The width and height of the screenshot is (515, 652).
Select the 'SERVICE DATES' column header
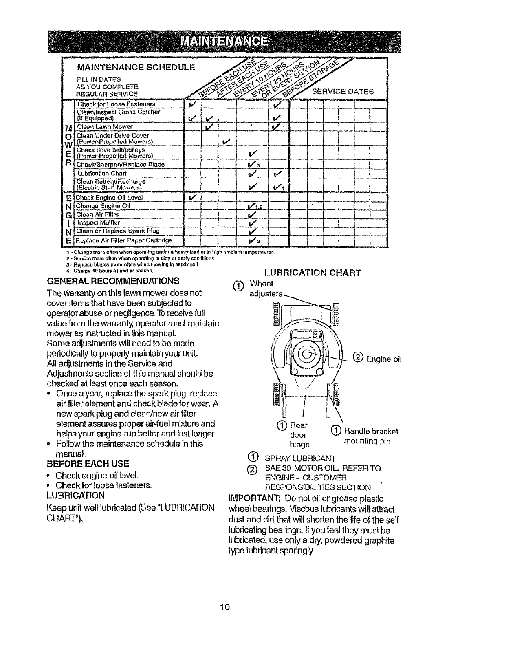coord(342,92)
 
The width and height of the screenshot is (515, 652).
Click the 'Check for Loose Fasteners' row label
coord(116,104)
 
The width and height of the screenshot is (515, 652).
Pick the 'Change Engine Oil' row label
coord(103,206)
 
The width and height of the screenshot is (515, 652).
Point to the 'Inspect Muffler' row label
coord(99,222)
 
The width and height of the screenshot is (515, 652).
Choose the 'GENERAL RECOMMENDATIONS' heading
coord(113,281)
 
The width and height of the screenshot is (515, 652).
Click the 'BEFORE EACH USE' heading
coord(88,464)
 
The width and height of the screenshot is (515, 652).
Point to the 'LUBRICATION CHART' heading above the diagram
coord(313,273)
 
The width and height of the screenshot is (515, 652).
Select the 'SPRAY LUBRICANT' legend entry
coord(300,458)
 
